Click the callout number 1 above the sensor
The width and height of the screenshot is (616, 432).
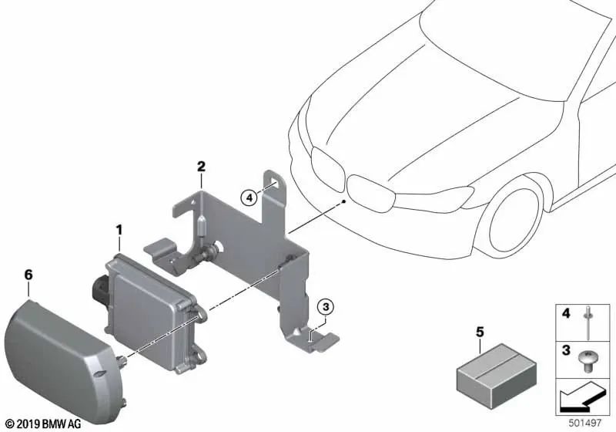coord(119,230)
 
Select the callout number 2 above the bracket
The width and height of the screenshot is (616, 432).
coord(201,167)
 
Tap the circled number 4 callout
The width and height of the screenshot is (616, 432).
coord(249,197)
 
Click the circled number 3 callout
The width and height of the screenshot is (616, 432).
coord(326,306)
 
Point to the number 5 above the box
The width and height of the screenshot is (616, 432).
coord(480,332)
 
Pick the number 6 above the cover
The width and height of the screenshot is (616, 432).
coord(28,275)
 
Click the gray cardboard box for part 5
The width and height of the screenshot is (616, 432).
coord(496,376)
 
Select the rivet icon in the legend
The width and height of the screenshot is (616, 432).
coord(588,323)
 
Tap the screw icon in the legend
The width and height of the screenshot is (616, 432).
coord(586,362)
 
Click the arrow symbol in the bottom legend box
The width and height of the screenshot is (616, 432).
coord(581,397)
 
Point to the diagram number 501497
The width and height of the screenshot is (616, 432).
coord(585,423)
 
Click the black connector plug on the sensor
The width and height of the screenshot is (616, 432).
coord(100,289)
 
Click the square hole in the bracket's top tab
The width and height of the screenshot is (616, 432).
coord(275,181)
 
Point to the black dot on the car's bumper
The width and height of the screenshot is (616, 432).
coord(343,201)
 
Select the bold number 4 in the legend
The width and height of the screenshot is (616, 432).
coord(566,313)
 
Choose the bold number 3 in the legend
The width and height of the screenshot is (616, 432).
coord(566,349)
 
